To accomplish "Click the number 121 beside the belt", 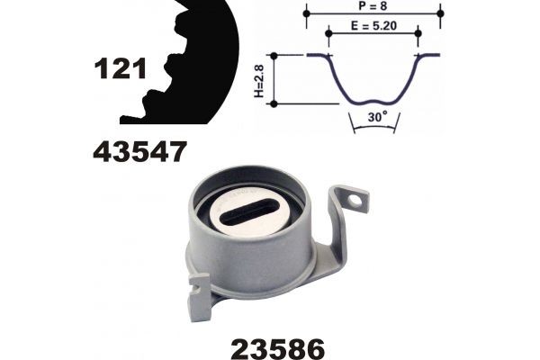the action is (x=121, y=68).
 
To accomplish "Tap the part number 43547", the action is (x=139, y=151).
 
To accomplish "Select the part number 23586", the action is (x=277, y=348).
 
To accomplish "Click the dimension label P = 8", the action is (x=373, y=5).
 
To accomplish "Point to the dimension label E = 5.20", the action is (x=373, y=25).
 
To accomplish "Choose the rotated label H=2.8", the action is (x=259, y=81).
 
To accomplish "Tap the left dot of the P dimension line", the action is (x=307, y=13).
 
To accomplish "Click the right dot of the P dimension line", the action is (x=440, y=13).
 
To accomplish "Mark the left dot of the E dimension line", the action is (x=328, y=33).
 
